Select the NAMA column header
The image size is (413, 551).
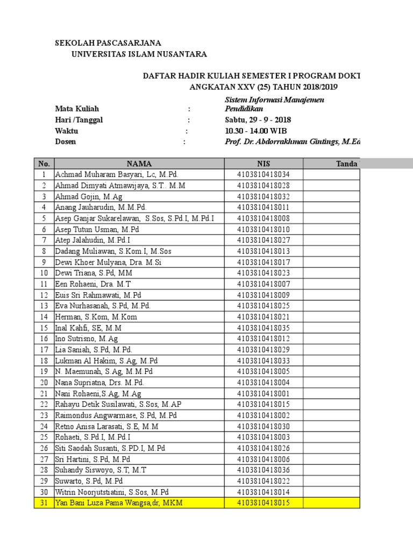(139, 164)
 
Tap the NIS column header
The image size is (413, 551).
(264, 164)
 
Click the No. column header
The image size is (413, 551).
(44, 164)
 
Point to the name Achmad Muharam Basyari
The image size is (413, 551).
(116, 175)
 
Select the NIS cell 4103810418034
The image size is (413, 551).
(264, 175)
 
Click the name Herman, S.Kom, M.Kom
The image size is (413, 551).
(96, 317)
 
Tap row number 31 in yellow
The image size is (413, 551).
(44, 503)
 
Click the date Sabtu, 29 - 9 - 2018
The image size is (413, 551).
(258, 120)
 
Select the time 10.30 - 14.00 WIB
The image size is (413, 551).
(255, 131)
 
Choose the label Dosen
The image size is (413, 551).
(66, 142)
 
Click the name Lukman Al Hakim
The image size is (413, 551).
(106, 361)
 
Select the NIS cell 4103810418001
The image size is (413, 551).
(264, 393)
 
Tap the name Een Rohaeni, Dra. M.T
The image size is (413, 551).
(93, 284)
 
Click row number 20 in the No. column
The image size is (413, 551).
(44, 383)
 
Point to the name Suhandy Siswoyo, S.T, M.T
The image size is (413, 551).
(101, 470)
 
